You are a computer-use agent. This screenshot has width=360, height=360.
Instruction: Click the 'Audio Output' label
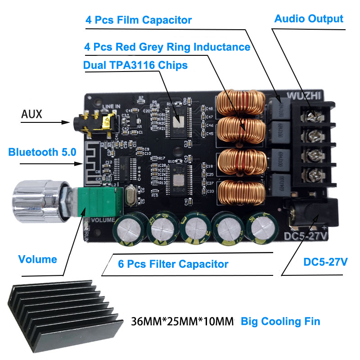pyautogui.click(x=309, y=18)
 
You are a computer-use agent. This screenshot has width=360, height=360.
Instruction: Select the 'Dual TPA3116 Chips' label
pyautogui.click(x=135, y=65)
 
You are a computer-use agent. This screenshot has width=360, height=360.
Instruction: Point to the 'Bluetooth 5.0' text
pyautogui.click(x=42, y=152)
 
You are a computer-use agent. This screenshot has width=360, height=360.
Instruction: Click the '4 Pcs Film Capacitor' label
pyautogui.click(x=139, y=20)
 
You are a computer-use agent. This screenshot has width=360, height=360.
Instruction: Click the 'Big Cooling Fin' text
pyautogui.click(x=280, y=321)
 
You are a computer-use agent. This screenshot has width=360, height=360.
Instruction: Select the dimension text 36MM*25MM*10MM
pyautogui.click(x=183, y=322)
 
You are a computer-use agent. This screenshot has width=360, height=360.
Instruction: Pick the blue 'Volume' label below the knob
pyautogui.click(x=37, y=259)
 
